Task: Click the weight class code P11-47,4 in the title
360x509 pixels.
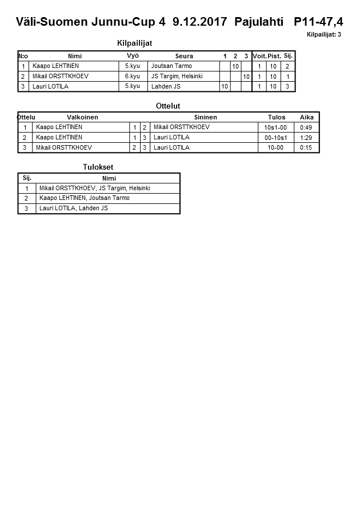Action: point(318,22)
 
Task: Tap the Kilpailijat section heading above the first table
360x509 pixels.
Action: point(134,43)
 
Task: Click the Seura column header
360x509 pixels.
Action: point(184,56)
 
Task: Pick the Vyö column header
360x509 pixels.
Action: point(133,55)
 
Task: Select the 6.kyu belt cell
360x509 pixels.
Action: point(133,76)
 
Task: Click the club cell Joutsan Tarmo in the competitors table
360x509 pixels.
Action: point(171,66)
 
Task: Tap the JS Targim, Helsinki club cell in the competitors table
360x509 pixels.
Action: point(177,76)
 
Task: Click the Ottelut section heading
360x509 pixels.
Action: point(168,106)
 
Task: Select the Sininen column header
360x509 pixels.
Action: point(205,117)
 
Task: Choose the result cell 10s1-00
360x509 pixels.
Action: point(276,127)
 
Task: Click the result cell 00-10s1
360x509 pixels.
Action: point(276,138)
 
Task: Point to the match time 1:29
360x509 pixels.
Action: point(306,138)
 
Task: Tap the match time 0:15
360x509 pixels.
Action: point(306,147)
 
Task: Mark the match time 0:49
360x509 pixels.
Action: point(306,127)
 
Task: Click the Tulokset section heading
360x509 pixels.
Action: point(98,167)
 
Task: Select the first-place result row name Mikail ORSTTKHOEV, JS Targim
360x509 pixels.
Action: point(94,188)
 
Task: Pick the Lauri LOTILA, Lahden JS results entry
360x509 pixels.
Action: point(74,209)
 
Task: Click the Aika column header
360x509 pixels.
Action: point(307,117)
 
